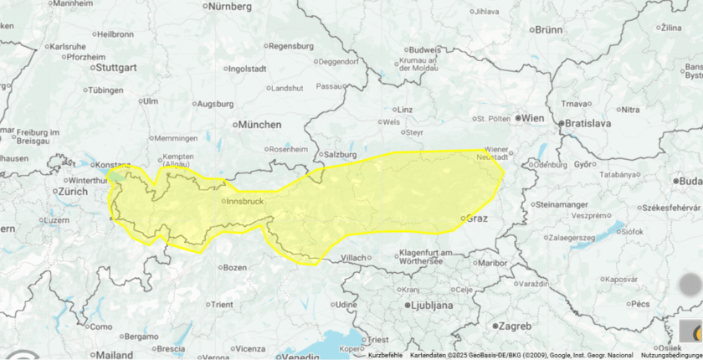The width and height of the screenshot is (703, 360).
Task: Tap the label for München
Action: click(x=260, y=125)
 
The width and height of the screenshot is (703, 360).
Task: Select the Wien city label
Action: click(x=533, y=119)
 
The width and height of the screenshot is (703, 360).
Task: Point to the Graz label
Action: click(x=476, y=219)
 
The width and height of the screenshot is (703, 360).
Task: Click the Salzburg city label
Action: click(x=341, y=155)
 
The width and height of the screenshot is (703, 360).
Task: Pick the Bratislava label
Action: click(x=588, y=123)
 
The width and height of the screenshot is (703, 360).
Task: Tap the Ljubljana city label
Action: click(x=429, y=306)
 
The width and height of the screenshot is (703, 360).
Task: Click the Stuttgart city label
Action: click(x=116, y=66)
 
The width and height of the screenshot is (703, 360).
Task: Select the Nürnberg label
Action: click(x=229, y=7)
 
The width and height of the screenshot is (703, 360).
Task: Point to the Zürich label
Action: click(x=73, y=191)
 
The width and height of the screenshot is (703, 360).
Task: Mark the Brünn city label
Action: click(x=548, y=29)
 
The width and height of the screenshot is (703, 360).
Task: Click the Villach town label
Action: click(x=355, y=258)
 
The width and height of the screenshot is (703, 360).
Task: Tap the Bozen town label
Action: click(x=235, y=268)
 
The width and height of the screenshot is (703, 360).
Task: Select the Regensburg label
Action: click(x=291, y=46)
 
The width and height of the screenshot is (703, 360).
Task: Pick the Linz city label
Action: click(x=405, y=110)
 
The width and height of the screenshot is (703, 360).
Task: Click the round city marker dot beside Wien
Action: click(x=518, y=119)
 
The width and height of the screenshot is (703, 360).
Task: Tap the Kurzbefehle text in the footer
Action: click(x=385, y=356)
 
